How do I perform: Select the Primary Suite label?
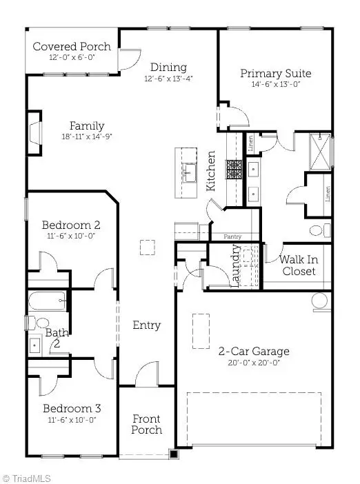tap(275, 73)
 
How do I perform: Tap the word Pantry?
tap(232, 236)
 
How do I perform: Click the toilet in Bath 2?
tap(41, 322)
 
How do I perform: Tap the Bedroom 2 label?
tap(71, 225)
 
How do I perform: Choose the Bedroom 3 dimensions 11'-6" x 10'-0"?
tap(71, 419)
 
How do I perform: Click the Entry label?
tap(146, 325)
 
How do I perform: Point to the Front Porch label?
tap(146, 424)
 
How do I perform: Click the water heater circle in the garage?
tap(320, 300)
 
